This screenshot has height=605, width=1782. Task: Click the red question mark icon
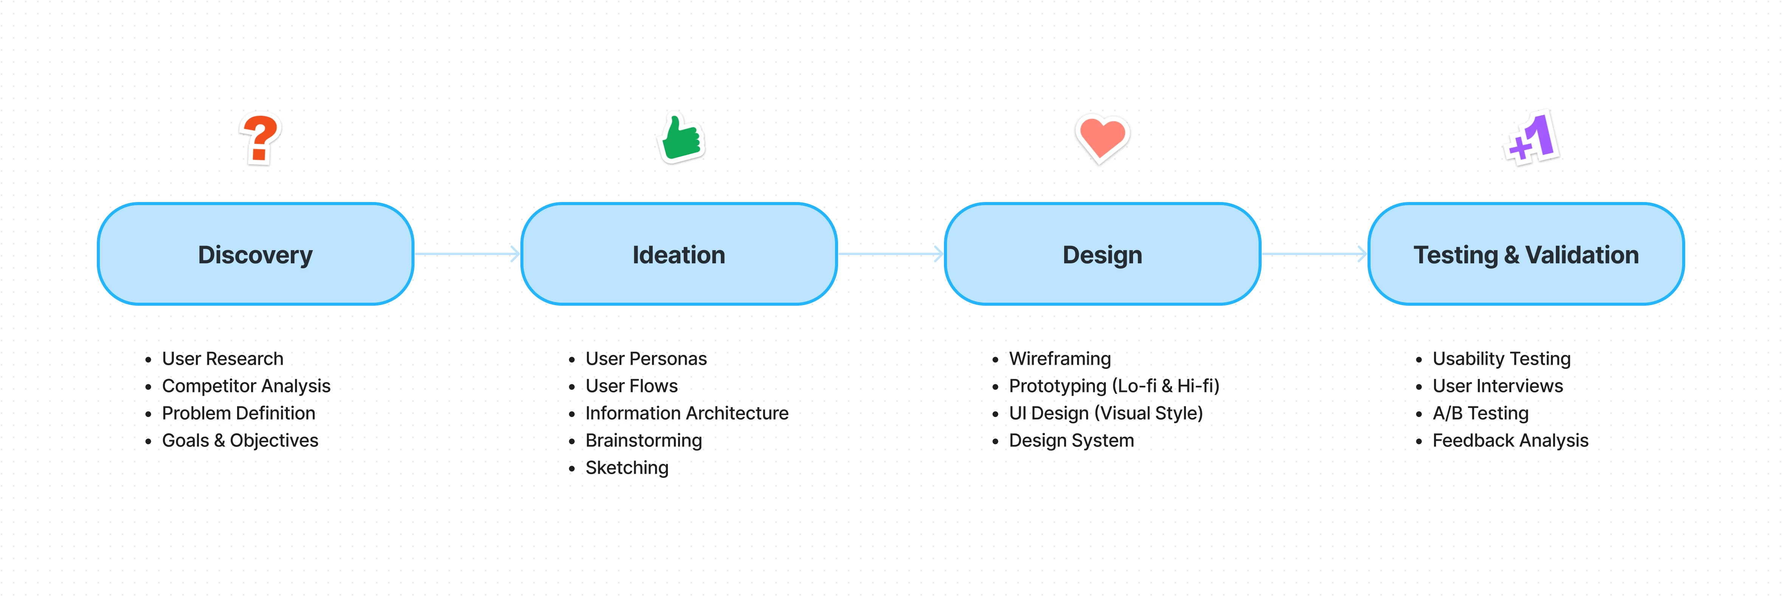tap(260, 138)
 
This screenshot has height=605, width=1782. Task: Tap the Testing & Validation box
tap(1526, 254)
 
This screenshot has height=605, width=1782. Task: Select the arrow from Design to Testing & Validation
tap(1314, 254)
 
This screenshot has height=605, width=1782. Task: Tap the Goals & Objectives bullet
tap(240, 441)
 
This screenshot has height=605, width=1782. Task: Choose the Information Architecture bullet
tap(687, 413)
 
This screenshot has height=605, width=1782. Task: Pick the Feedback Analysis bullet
tap(1510, 441)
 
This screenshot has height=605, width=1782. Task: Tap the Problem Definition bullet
tap(239, 413)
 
